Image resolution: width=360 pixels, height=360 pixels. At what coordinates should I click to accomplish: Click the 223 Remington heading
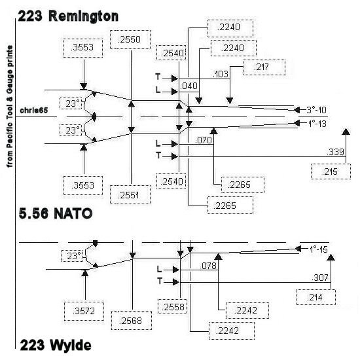point(68,16)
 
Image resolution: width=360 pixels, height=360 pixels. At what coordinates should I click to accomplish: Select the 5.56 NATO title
point(56,213)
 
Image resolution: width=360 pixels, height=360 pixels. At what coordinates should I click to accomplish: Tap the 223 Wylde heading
point(56,345)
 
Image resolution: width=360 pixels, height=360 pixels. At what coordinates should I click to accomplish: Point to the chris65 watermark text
point(34,111)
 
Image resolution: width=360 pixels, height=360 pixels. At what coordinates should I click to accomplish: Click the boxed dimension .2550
point(130,39)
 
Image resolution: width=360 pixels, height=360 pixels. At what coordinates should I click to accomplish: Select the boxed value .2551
point(130,195)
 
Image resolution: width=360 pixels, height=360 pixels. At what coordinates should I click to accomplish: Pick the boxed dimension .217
point(264,67)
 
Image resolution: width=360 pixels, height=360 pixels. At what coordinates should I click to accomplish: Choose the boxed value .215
point(331,171)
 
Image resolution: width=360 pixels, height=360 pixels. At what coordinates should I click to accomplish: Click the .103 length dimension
point(221,74)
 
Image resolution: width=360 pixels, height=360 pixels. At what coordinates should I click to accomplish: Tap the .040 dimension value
point(189,86)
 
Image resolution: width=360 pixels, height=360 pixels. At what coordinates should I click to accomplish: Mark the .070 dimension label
point(204,140)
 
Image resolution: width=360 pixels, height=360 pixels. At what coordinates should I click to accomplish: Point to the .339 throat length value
point(335,152)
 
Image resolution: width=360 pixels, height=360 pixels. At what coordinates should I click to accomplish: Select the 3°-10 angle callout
point(316,110)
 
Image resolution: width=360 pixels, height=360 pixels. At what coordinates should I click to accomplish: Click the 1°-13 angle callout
point(317,124)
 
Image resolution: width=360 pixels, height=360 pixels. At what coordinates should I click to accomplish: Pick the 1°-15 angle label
point(318,249)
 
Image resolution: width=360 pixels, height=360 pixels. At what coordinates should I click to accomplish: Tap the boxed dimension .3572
point(84,311)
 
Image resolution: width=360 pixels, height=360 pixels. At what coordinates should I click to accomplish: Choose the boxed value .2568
point(132,321)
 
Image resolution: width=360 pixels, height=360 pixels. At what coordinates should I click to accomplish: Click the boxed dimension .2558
point(172,307)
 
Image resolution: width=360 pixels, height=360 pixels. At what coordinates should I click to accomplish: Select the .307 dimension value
point(320,278)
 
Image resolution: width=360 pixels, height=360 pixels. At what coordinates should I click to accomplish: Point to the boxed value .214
point(315,297)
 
